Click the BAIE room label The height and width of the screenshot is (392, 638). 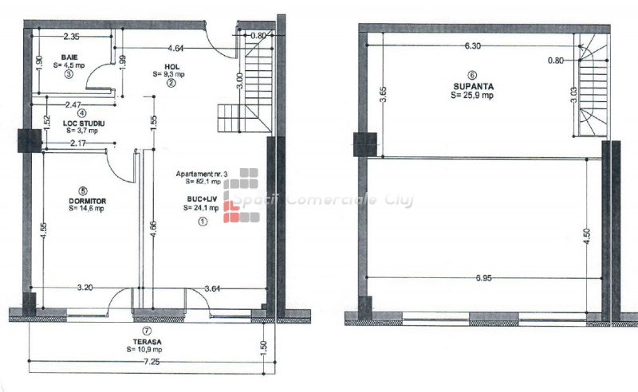pos(69,57)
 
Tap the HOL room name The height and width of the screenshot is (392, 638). pos(171,67)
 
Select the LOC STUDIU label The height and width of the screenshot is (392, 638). pos(84,123)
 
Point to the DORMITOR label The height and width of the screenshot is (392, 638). pos(88,201)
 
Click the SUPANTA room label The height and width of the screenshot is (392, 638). pos(474,86)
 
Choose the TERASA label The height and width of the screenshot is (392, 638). pos(147,342)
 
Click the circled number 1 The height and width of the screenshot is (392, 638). pos(203,221)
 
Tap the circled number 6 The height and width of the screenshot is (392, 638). pos(472,75)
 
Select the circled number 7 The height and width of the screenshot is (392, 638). pos(147,331)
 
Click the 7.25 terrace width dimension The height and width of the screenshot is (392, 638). pos(152,362)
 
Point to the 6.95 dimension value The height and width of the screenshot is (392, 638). pos(483,278)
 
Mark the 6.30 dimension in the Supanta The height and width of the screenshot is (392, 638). pos(472,45)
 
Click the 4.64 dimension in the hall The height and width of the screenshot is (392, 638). pos(175,48)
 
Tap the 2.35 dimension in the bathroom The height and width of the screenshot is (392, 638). pos(71,36)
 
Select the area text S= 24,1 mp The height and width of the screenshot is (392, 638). pos(201,208)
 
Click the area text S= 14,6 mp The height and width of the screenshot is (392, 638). pos(86,209)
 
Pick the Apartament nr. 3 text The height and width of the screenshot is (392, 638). pos(202,174)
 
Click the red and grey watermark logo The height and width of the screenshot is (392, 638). pos(241,195)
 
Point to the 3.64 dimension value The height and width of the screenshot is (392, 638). pos(212,288)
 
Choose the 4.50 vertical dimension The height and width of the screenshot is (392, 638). pos(587,236)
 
